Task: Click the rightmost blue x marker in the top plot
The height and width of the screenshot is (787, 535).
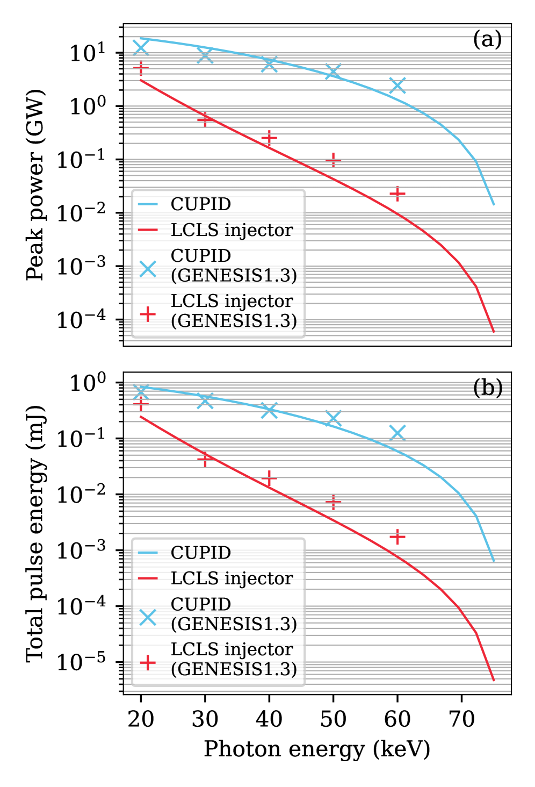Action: click(397, 85)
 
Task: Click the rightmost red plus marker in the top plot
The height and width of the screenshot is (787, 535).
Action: click(397, 194)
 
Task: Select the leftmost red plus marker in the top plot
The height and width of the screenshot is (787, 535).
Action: click(141, 69)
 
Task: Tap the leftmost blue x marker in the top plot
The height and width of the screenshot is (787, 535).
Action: click(141, 47)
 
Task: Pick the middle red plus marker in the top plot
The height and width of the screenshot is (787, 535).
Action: click(269, 139)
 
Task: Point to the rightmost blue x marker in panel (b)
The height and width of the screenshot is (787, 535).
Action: click(397, 432)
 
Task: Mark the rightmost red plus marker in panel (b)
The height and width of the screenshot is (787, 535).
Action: click(397, 536)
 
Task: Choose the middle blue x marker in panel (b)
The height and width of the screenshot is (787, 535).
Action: click(269, 410)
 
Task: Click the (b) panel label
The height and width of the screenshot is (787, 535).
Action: click(488, 388)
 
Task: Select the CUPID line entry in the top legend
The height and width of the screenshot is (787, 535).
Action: click(200, 204)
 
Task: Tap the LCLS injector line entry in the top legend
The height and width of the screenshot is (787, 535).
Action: click(232, 230)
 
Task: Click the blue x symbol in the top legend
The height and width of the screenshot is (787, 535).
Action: click(148, 269)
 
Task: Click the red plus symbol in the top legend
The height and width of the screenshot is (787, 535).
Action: click(148, 314)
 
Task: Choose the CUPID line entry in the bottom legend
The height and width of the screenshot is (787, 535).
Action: click(200, 553)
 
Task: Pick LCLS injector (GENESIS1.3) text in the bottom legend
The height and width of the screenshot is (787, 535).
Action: click(234, 659)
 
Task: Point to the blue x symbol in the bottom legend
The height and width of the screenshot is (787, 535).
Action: click(148, 617)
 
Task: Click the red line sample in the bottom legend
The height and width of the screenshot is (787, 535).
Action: click(148, 578)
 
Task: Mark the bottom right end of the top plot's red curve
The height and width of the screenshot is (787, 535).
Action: click(494, 332)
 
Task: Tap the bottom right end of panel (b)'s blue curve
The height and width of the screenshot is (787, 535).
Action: click(494, 561)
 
